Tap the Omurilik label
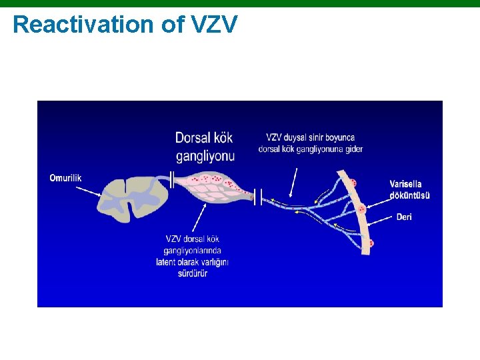click(x=65, y=177)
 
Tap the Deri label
click(x=404, y=217)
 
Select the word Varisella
click(x=405, y=184)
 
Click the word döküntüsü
click(x=409, y=195)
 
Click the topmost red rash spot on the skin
click(x=353, y=183)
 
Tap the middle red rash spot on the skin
click(x=362, y=209)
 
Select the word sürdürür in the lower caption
click(x=193, y=273)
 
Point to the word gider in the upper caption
click(x=354, y=149)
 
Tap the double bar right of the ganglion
click(x=258, y=197)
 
